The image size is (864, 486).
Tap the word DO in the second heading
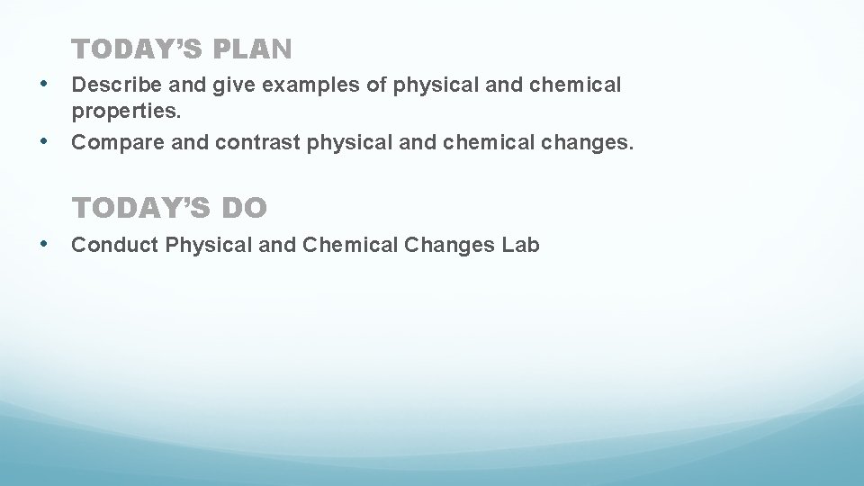pos(241,209)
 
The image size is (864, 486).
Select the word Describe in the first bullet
pos(110,85)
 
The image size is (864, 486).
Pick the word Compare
pos(108,142)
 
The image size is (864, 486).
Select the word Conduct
pos(107,245)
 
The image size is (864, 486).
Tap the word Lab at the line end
pos(521,245)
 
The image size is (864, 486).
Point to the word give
pos(230,85)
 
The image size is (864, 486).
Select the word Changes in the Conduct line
pos(450,245)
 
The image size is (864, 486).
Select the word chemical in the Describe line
pos(576,85)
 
